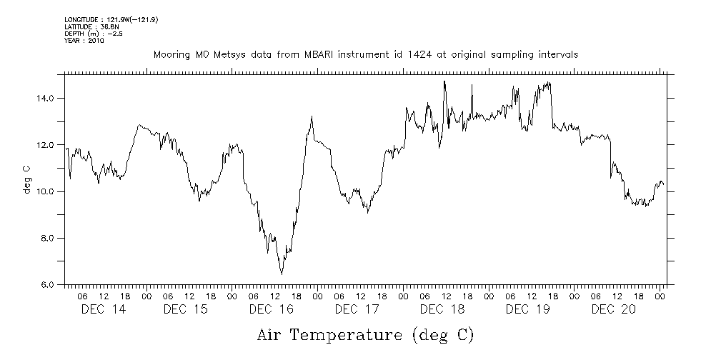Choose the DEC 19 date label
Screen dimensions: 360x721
528,309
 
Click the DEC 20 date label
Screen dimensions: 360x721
614,309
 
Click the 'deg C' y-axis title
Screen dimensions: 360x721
27,179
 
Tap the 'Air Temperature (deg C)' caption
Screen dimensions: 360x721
365,334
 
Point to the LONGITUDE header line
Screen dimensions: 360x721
111,20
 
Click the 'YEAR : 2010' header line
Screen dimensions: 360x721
84,41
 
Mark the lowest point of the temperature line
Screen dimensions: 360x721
282,274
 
